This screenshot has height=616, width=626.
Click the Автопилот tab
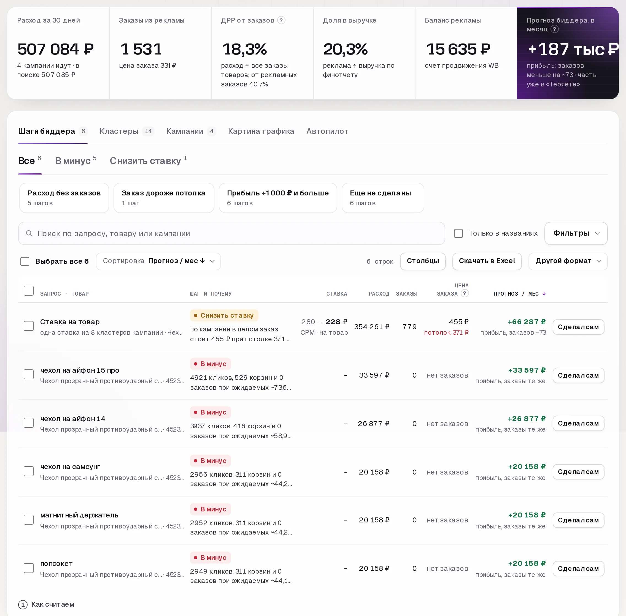327,131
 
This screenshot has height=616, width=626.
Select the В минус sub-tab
76,160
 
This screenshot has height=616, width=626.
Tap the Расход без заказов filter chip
64,198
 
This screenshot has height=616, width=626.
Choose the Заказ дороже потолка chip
164,198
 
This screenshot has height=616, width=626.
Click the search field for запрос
231,233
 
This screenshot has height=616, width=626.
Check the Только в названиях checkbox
458,233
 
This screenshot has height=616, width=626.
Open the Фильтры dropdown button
576,233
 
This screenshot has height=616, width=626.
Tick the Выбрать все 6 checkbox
25,261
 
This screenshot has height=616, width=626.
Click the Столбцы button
423,261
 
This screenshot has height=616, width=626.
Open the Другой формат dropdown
568,261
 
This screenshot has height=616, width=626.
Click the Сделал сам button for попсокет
578,568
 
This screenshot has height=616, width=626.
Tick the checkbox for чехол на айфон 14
28,423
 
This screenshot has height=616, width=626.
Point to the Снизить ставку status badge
224,315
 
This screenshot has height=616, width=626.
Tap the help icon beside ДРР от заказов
281,20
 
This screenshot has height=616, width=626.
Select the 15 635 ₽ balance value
458,49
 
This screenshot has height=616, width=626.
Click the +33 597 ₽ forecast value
527,370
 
